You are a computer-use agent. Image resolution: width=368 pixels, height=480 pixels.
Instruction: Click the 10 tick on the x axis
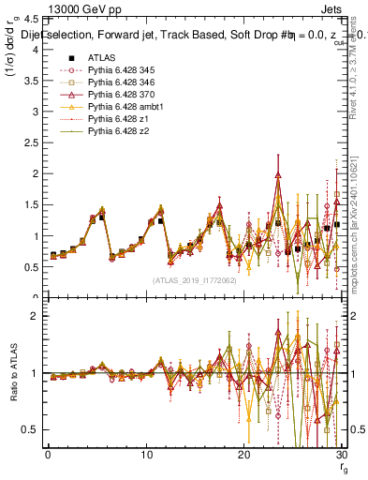(145, 455)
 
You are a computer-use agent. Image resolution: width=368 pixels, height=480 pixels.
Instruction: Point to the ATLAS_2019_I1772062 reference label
(192, 279)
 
